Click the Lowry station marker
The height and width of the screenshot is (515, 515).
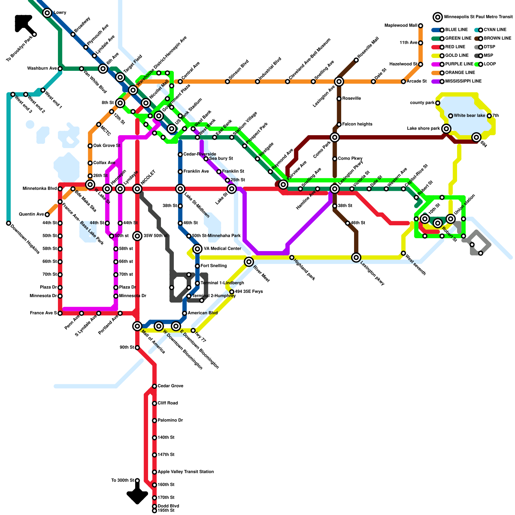47,13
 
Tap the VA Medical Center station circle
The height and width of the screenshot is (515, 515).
198,248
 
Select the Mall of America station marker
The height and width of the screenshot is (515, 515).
137,326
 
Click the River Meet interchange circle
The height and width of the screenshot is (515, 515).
249,262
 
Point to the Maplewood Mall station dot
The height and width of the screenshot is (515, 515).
420,26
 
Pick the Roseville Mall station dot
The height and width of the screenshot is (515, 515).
356,60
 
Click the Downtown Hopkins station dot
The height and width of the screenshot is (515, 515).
9,223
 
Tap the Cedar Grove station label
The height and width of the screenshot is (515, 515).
170,386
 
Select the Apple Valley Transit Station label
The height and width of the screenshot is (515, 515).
185,472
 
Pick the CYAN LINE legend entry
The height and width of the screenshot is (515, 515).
495,30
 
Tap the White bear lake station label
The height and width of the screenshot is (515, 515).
469,116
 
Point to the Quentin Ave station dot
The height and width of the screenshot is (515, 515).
47,214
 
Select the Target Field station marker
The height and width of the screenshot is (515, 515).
120,77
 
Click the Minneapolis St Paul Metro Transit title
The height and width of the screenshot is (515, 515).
478,17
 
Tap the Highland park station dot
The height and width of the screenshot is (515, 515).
292,257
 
